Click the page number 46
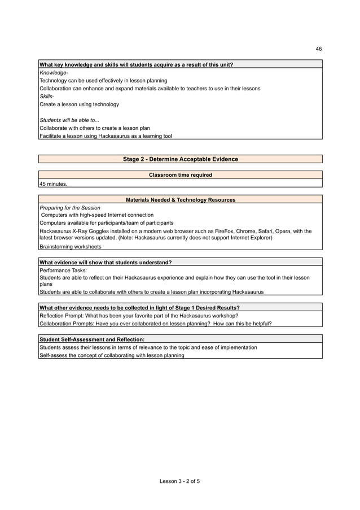tap(319, 49)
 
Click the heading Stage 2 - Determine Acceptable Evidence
tap(181, 159)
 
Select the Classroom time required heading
tap(181, 175)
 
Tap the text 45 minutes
tap(53, 184)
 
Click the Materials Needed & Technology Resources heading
tap(181, 200)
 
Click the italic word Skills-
tap(47, 97)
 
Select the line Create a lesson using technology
tap(79, 104)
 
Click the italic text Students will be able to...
tap(69, 120)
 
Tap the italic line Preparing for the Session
tap(70, 208)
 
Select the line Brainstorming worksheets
tap(71, 247)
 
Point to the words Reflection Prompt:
tap(60, 315)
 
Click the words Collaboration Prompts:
tap(67, 324)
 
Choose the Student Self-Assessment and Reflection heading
tap(92, 339)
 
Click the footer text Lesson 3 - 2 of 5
tap(180, 481)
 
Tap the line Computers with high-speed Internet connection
tap(97, 215)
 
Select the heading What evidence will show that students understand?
tap(106, 262)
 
